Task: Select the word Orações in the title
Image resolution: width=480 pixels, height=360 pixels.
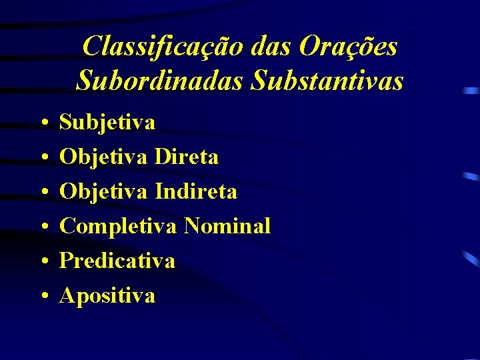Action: tap(349, 47)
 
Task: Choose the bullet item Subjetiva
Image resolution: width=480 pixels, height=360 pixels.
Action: tap(107, 122)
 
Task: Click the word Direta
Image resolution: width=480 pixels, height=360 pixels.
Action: tap(187, 157)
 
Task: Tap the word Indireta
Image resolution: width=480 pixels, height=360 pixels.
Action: tap(196, 191)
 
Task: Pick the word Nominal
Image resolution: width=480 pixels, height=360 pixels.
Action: tap(227, 226)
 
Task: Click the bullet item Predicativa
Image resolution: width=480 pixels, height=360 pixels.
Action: tap(117, 261)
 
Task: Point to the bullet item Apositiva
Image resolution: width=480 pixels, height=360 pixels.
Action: tap(107, 295)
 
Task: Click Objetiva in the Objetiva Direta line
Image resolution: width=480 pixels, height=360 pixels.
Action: tap(104, 157)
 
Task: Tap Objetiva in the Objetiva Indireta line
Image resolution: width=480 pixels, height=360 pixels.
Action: tap(104, 191)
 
